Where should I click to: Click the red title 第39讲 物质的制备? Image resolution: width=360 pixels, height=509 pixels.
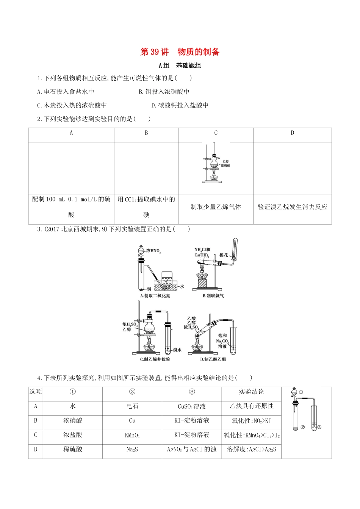[x=180, y=52]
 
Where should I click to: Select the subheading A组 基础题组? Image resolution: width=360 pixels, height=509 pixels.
[x=180, y=66]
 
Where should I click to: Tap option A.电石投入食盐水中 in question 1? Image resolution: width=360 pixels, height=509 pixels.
[x=66, y=92]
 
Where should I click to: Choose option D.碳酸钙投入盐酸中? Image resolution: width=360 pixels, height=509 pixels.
[x=180, y=105]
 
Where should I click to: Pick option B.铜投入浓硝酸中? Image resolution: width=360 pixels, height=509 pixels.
[x=164, y=92]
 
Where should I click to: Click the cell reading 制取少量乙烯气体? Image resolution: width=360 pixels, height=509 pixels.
[x=216, y=207]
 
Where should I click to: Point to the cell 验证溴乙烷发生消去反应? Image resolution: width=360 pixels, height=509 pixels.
[x=292, y=207]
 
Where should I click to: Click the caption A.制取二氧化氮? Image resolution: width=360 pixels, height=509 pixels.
[x=155, y=296]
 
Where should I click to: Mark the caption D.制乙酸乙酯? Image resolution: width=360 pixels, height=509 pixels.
[x=213, y=359]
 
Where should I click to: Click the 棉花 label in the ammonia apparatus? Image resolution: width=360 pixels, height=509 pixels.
[x=224, y=255]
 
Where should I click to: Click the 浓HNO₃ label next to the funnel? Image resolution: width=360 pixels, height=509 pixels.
[x=153, y=251]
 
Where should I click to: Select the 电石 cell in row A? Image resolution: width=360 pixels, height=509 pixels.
[x=132, y=406]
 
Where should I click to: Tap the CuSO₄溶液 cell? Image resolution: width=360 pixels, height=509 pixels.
[x=192, y=406]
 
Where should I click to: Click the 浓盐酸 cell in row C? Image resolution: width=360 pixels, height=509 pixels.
[x=73, y=435]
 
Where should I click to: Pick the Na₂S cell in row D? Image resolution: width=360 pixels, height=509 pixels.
[x=132, y=450]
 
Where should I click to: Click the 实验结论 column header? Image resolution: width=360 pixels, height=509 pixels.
[x=252, y=392]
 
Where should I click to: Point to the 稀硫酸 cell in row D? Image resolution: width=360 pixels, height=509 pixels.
[x=73, y=450]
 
